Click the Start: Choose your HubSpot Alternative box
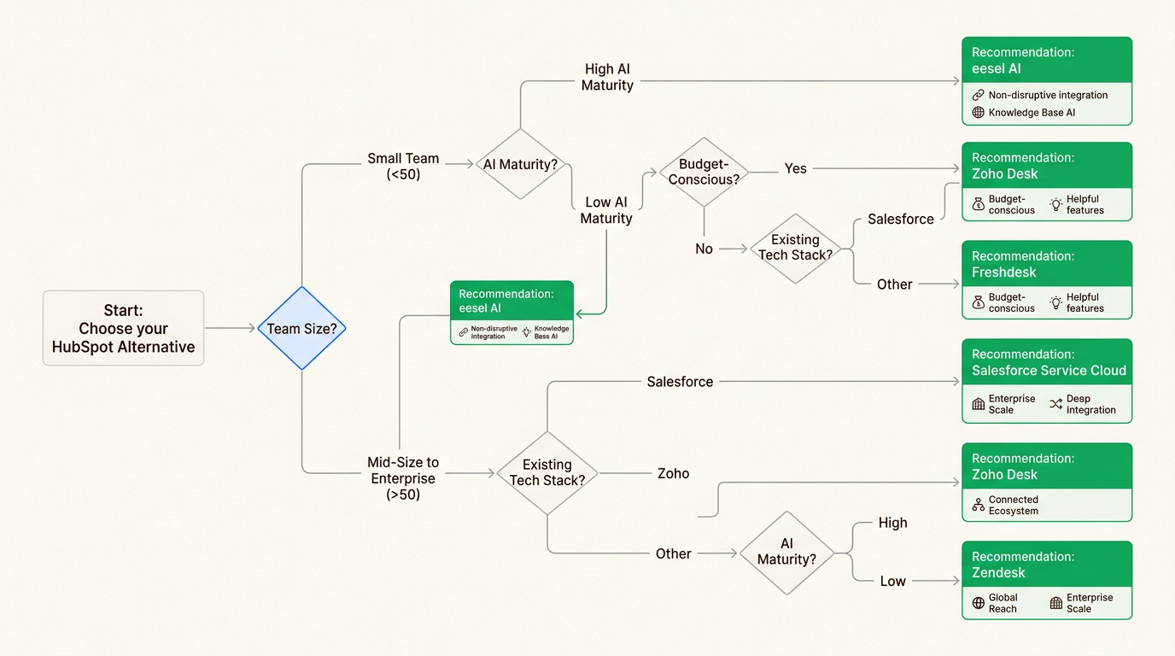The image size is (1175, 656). pos(123,328)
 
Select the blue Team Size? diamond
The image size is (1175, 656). pos(301,328)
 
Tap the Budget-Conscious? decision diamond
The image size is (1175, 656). pos(704,172)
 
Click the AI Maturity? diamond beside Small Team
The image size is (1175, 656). pos(520,164)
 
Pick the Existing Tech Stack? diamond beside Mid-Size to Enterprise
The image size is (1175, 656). pos(547,472)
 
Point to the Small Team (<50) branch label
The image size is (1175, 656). pos(403,166)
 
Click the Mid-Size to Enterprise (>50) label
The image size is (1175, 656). pos(403,478)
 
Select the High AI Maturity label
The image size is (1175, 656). pos(607,77)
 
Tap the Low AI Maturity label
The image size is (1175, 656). pos(606,210)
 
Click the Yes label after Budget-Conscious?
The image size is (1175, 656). pos(795,168)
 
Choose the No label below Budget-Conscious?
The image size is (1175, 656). pos(704,249)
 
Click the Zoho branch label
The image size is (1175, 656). pos(673,473)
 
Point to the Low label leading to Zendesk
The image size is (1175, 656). pos(892,581)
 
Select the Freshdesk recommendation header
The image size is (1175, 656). pos(1047,264)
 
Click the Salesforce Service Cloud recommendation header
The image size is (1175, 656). pos(1047,362)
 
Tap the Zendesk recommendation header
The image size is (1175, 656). pos(1047,564)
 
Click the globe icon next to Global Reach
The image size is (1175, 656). pos(979,603)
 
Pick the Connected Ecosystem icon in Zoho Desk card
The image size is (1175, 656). pos(979,506)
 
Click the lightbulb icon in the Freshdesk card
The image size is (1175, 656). pos(1056,302)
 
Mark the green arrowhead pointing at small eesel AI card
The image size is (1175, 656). pos(579,313)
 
